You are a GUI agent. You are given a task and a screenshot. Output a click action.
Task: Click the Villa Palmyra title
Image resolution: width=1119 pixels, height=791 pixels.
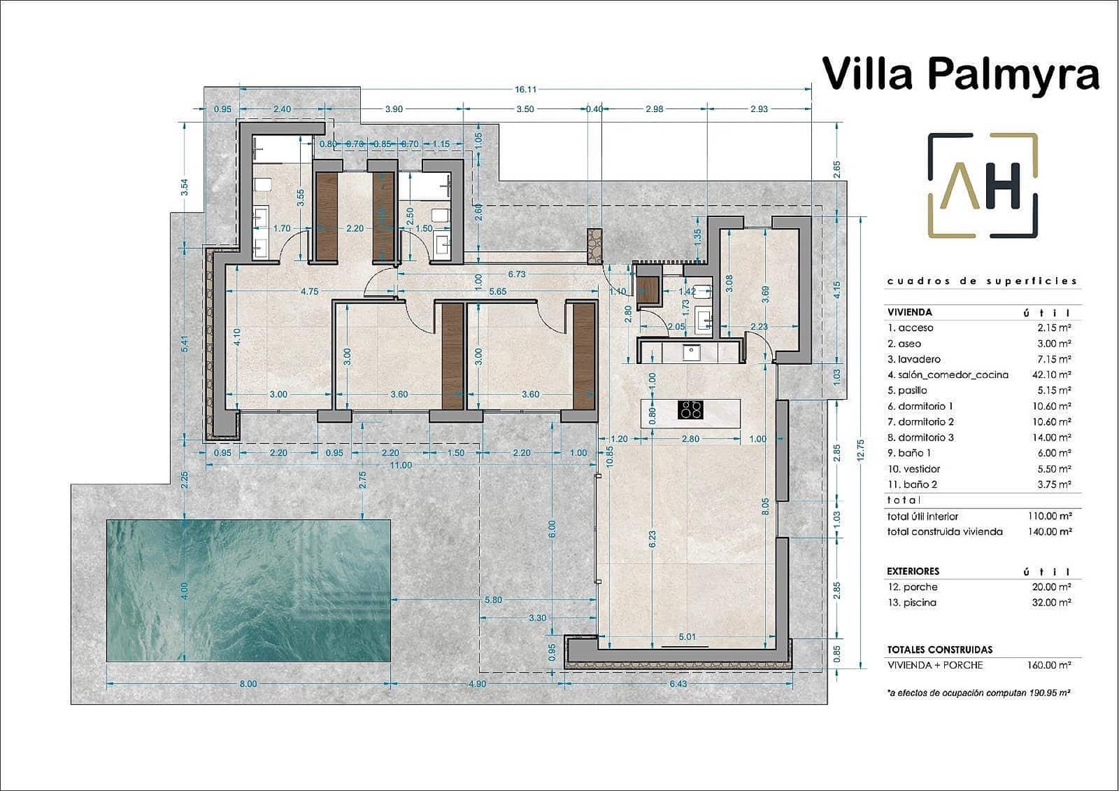[960, 73]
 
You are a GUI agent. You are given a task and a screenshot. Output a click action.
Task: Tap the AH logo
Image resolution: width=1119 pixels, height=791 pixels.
[983, 185]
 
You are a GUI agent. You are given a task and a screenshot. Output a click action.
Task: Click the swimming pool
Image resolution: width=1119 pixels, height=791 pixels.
[248, 590]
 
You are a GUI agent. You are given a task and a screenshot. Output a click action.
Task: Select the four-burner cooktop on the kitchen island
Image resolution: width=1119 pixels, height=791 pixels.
[691, 409]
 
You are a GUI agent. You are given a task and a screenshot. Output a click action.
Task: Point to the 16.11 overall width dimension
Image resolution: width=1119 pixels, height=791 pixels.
[525, 90]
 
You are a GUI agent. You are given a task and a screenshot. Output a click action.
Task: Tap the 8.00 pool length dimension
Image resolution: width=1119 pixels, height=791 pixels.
[248, 684]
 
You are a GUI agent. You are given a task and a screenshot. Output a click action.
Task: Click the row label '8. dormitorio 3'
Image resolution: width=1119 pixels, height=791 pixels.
[920, 437]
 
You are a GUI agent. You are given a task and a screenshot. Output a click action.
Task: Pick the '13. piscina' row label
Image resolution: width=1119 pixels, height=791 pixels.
[912, 603]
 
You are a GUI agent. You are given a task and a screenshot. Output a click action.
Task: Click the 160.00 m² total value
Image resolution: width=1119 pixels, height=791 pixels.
[1050, 665]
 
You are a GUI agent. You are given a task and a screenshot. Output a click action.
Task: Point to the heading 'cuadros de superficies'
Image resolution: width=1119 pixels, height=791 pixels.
[982, 281]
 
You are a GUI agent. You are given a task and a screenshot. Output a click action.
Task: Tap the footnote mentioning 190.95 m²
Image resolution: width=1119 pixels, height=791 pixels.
[979, 692]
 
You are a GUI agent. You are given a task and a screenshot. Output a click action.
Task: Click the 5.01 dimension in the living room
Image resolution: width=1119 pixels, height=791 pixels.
[687, 637]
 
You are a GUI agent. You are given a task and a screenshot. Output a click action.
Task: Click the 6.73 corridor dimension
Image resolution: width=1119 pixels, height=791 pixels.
[516, 274]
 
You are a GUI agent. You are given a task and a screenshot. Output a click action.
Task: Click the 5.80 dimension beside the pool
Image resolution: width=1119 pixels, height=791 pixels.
[493, 600]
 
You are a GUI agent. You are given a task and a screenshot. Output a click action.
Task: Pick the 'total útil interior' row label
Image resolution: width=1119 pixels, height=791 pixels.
[922, 517]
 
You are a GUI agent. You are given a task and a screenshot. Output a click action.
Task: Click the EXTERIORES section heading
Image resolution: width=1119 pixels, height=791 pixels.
[913, 571]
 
